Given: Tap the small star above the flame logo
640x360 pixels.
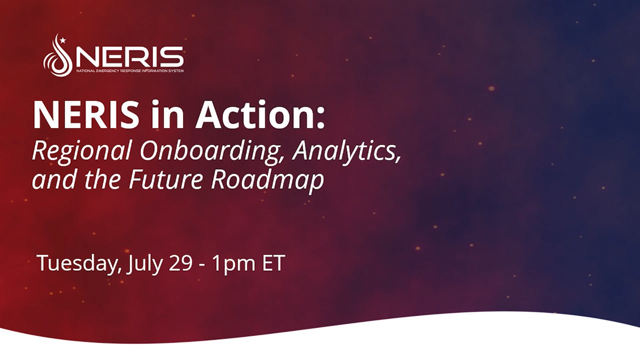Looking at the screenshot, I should (x=63, y=41).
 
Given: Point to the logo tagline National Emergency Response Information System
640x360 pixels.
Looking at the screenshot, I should (x=130, y=71).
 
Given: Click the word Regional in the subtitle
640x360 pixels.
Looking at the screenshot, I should (x=82, y=151).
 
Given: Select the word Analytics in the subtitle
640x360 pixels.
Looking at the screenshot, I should (x=347, y=151).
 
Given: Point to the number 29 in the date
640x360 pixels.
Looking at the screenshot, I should (x=181, y=263).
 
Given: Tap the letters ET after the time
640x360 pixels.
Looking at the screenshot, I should (x=274, y=263).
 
